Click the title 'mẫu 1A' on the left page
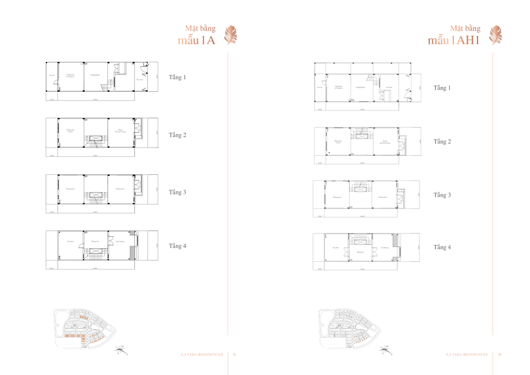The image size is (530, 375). click(197, 40)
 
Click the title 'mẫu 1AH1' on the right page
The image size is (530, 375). click(454, 40)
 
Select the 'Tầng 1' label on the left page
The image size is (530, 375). click(177, 78)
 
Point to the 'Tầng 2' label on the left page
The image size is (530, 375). click(177, 134)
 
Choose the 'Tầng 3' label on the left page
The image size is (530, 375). click(177, 192)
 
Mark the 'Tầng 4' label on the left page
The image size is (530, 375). click(177, 246)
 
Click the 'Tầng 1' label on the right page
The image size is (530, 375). click(442, 87)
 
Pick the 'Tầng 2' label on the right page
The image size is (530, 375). click(442, 142)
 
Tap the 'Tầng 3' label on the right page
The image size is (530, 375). click(442, 195)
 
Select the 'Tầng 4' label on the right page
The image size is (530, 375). click(442, 247)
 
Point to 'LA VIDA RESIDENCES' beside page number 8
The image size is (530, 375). click(202, 354)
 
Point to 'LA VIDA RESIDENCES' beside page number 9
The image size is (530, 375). click(468, 354)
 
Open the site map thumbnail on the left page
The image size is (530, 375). click(85, 327)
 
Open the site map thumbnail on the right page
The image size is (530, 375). click(350, 327)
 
